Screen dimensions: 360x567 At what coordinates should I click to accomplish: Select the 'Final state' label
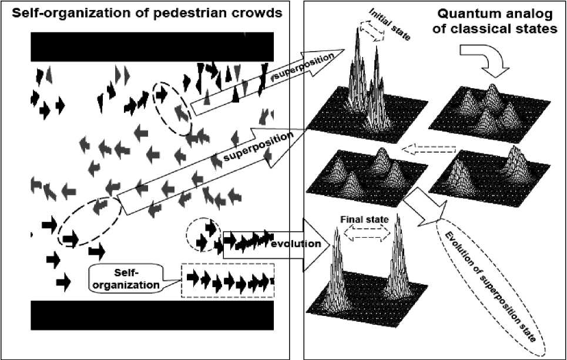point(364,219)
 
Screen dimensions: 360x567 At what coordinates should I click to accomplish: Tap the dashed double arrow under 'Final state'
point(365,233)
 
